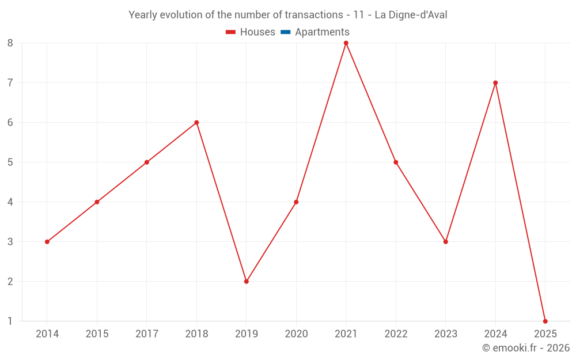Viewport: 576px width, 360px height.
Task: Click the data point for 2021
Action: tap(346, 43)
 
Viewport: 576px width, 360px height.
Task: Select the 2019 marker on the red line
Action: tap(247, 282)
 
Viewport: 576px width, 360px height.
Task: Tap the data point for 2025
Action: tap(545, 321)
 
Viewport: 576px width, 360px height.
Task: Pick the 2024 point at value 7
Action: tap(495, 82)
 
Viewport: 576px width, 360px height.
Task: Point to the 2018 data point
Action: tap(196, 123)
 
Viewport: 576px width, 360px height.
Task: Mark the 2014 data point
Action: tap(47, 242)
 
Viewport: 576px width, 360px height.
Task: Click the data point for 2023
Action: tap(446, 242)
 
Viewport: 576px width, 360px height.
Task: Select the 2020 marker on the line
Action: tap(296, 202)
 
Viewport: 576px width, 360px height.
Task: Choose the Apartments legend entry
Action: tap(322, 32)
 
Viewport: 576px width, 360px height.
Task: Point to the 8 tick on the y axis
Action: tap(10, 43)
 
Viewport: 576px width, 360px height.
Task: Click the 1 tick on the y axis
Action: tap(10, 321)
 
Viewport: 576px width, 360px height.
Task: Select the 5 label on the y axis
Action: tap(10, 162)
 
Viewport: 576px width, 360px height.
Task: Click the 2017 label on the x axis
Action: tap(147, 334)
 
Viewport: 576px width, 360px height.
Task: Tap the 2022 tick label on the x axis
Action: tap(396, 334)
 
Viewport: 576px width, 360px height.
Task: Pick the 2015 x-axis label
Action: tap(97, 334)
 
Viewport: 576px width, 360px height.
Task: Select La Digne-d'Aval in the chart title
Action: tap(411, 15)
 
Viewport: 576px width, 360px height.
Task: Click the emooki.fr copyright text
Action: tap(526, 348)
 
